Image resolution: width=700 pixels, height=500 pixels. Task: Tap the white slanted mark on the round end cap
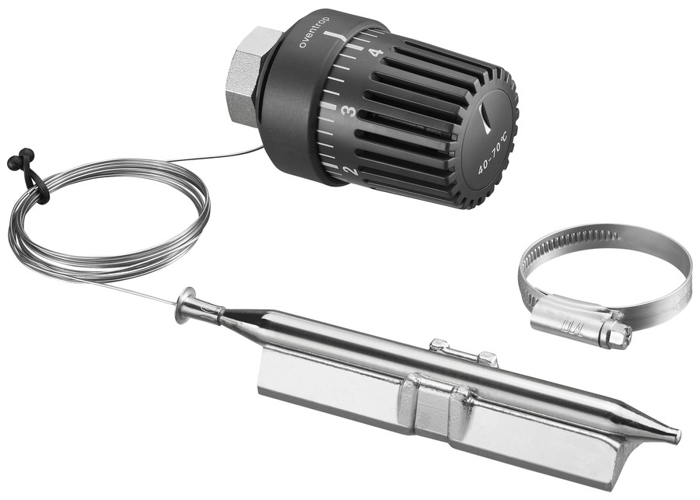tap(485, 117)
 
